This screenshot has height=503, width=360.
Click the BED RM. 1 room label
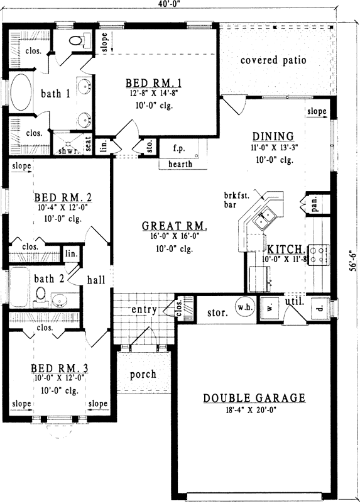(154, 82)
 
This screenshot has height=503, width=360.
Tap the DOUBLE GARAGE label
(254, 397)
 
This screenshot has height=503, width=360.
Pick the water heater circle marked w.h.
(244, 307)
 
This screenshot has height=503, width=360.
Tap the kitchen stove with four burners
(319, 254)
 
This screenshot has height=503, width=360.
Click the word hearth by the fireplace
(180, 164)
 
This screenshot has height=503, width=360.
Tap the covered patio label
(273, 60)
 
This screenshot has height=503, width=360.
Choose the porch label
(143, 374)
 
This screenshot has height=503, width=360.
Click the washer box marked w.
(268, 309)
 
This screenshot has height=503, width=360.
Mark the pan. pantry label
(313, 203)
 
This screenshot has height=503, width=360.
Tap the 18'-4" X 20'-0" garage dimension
(254, 410)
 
